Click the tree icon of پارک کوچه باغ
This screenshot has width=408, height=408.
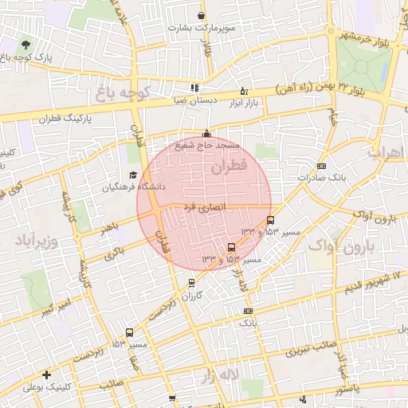coord(27,45)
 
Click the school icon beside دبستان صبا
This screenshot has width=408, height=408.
coord(194,88)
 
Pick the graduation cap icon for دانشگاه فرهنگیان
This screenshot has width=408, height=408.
coord(133,175)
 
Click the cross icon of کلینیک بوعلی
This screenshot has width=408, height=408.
coord(47,374)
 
